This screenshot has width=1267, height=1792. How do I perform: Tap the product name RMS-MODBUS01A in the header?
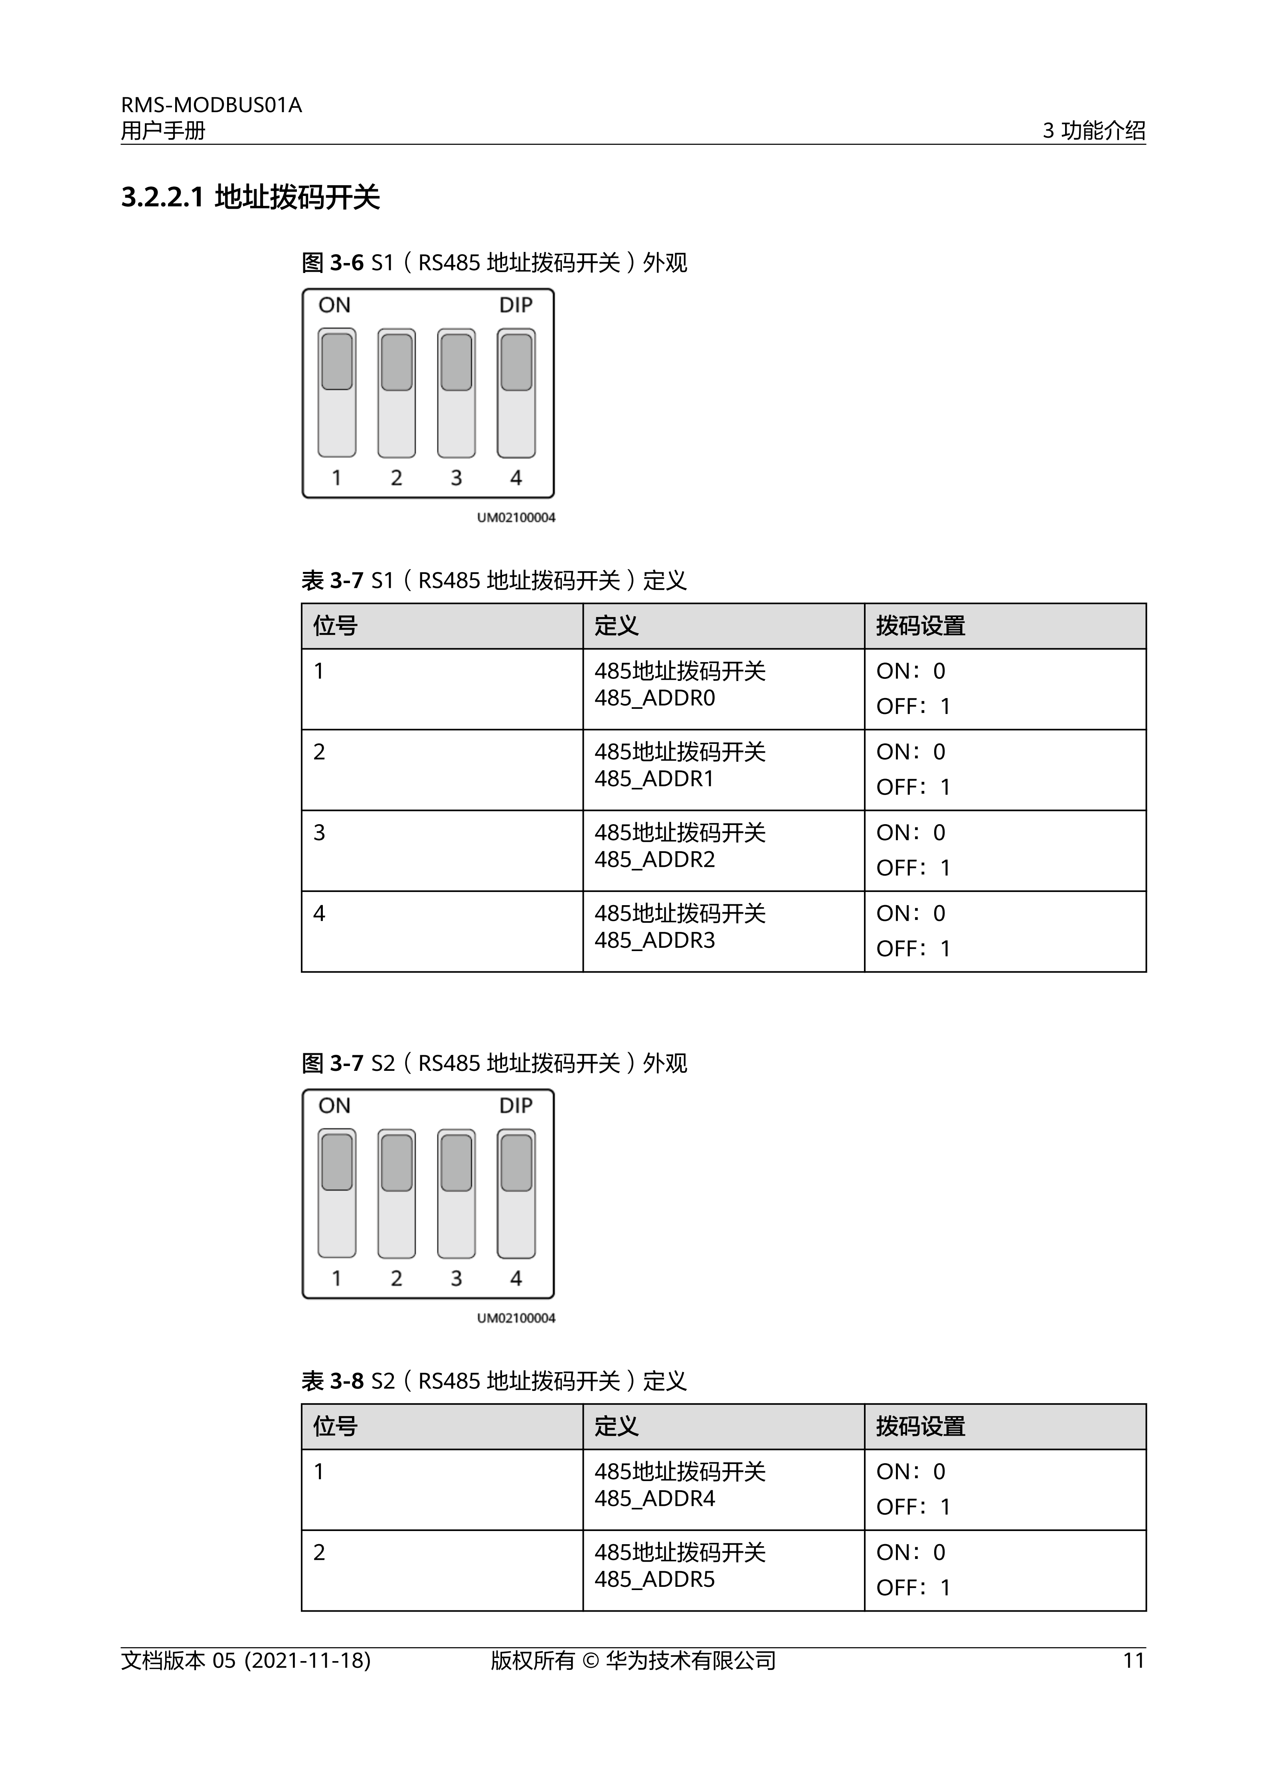pyautogui.click(x=211, y=105)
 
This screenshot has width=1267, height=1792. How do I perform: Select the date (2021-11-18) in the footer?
pyautogui.click(x=307, y=1660)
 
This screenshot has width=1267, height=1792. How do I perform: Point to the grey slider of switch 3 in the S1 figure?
pyautogui.click(x=457, y=362)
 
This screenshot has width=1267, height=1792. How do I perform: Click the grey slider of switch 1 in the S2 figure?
pyautogui.click(x=337, y=1162)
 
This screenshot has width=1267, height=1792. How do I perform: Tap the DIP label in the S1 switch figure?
pyautogui.click(x=516, y=305)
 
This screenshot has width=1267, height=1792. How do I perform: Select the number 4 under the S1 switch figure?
pyautogui.click(x=516, y=478)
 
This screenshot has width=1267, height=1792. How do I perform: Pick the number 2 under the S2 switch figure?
pyautogui.click(x=396, y=1278)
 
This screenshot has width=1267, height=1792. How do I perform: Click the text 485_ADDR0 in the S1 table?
pyautogui.click(x=654, y=698)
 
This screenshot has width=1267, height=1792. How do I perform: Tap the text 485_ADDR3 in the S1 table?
pyautogui.click(x=654, y=940)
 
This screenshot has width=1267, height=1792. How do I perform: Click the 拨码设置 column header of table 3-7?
pyautogui.click(x=921, y=626)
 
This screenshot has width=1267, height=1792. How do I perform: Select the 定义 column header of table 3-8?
pyautogui.click(x=616, y=1427)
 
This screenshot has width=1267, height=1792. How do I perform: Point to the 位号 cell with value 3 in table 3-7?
pyautogui.click(x=319, y=833)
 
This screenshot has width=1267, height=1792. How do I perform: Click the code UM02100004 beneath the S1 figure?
pyautogui.click(x=516, y=518)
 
